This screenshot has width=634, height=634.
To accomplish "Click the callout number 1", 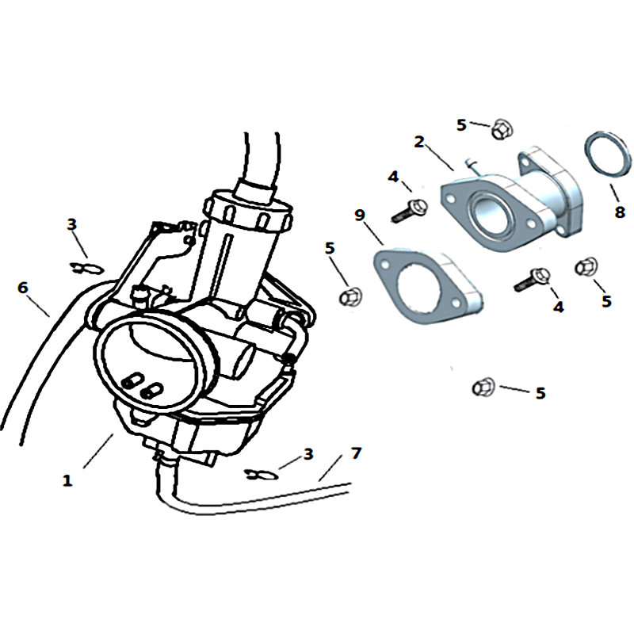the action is (x=67, y=481).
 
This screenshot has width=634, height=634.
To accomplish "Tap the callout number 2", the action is (x=419, y=142).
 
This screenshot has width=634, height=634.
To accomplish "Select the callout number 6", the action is (x=23, y=288).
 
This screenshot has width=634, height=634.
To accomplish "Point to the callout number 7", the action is (x=356, y=453).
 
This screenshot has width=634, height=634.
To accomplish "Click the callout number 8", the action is (x=620, y=212).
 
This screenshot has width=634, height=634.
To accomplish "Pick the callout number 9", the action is (x=360, y=215).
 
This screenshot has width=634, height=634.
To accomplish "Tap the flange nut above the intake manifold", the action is (x=502, y=129).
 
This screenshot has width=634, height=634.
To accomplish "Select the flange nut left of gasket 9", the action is (x=350, y=296).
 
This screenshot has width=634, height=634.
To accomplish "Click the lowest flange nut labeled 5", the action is (x=483, y=388).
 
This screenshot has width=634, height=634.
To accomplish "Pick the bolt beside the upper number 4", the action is (x=409, y=210).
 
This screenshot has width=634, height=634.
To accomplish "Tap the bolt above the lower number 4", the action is (x=532, y=280).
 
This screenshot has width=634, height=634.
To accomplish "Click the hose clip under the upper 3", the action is (x=87, y=268).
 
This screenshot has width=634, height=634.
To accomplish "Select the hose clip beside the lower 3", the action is (x=262, y=475).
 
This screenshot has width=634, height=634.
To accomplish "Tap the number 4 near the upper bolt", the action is (x=393, y=177).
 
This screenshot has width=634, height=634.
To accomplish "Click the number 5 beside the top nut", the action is (x=461, y=125).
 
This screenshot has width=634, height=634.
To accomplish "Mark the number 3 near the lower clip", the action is (x=308, y=453).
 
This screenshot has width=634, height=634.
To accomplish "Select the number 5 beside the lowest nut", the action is (x=540, y=393).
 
